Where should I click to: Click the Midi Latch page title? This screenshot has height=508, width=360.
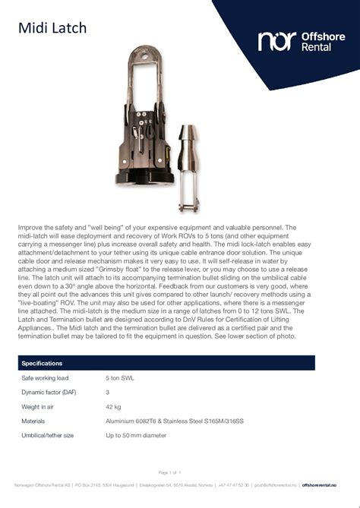(52, 29)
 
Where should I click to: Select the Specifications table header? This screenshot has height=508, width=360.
(42, 364)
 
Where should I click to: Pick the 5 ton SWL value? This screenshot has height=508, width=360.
(119, 378)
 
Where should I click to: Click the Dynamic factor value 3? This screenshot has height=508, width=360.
(107, 393)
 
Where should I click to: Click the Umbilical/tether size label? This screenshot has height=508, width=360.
(47, 435)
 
